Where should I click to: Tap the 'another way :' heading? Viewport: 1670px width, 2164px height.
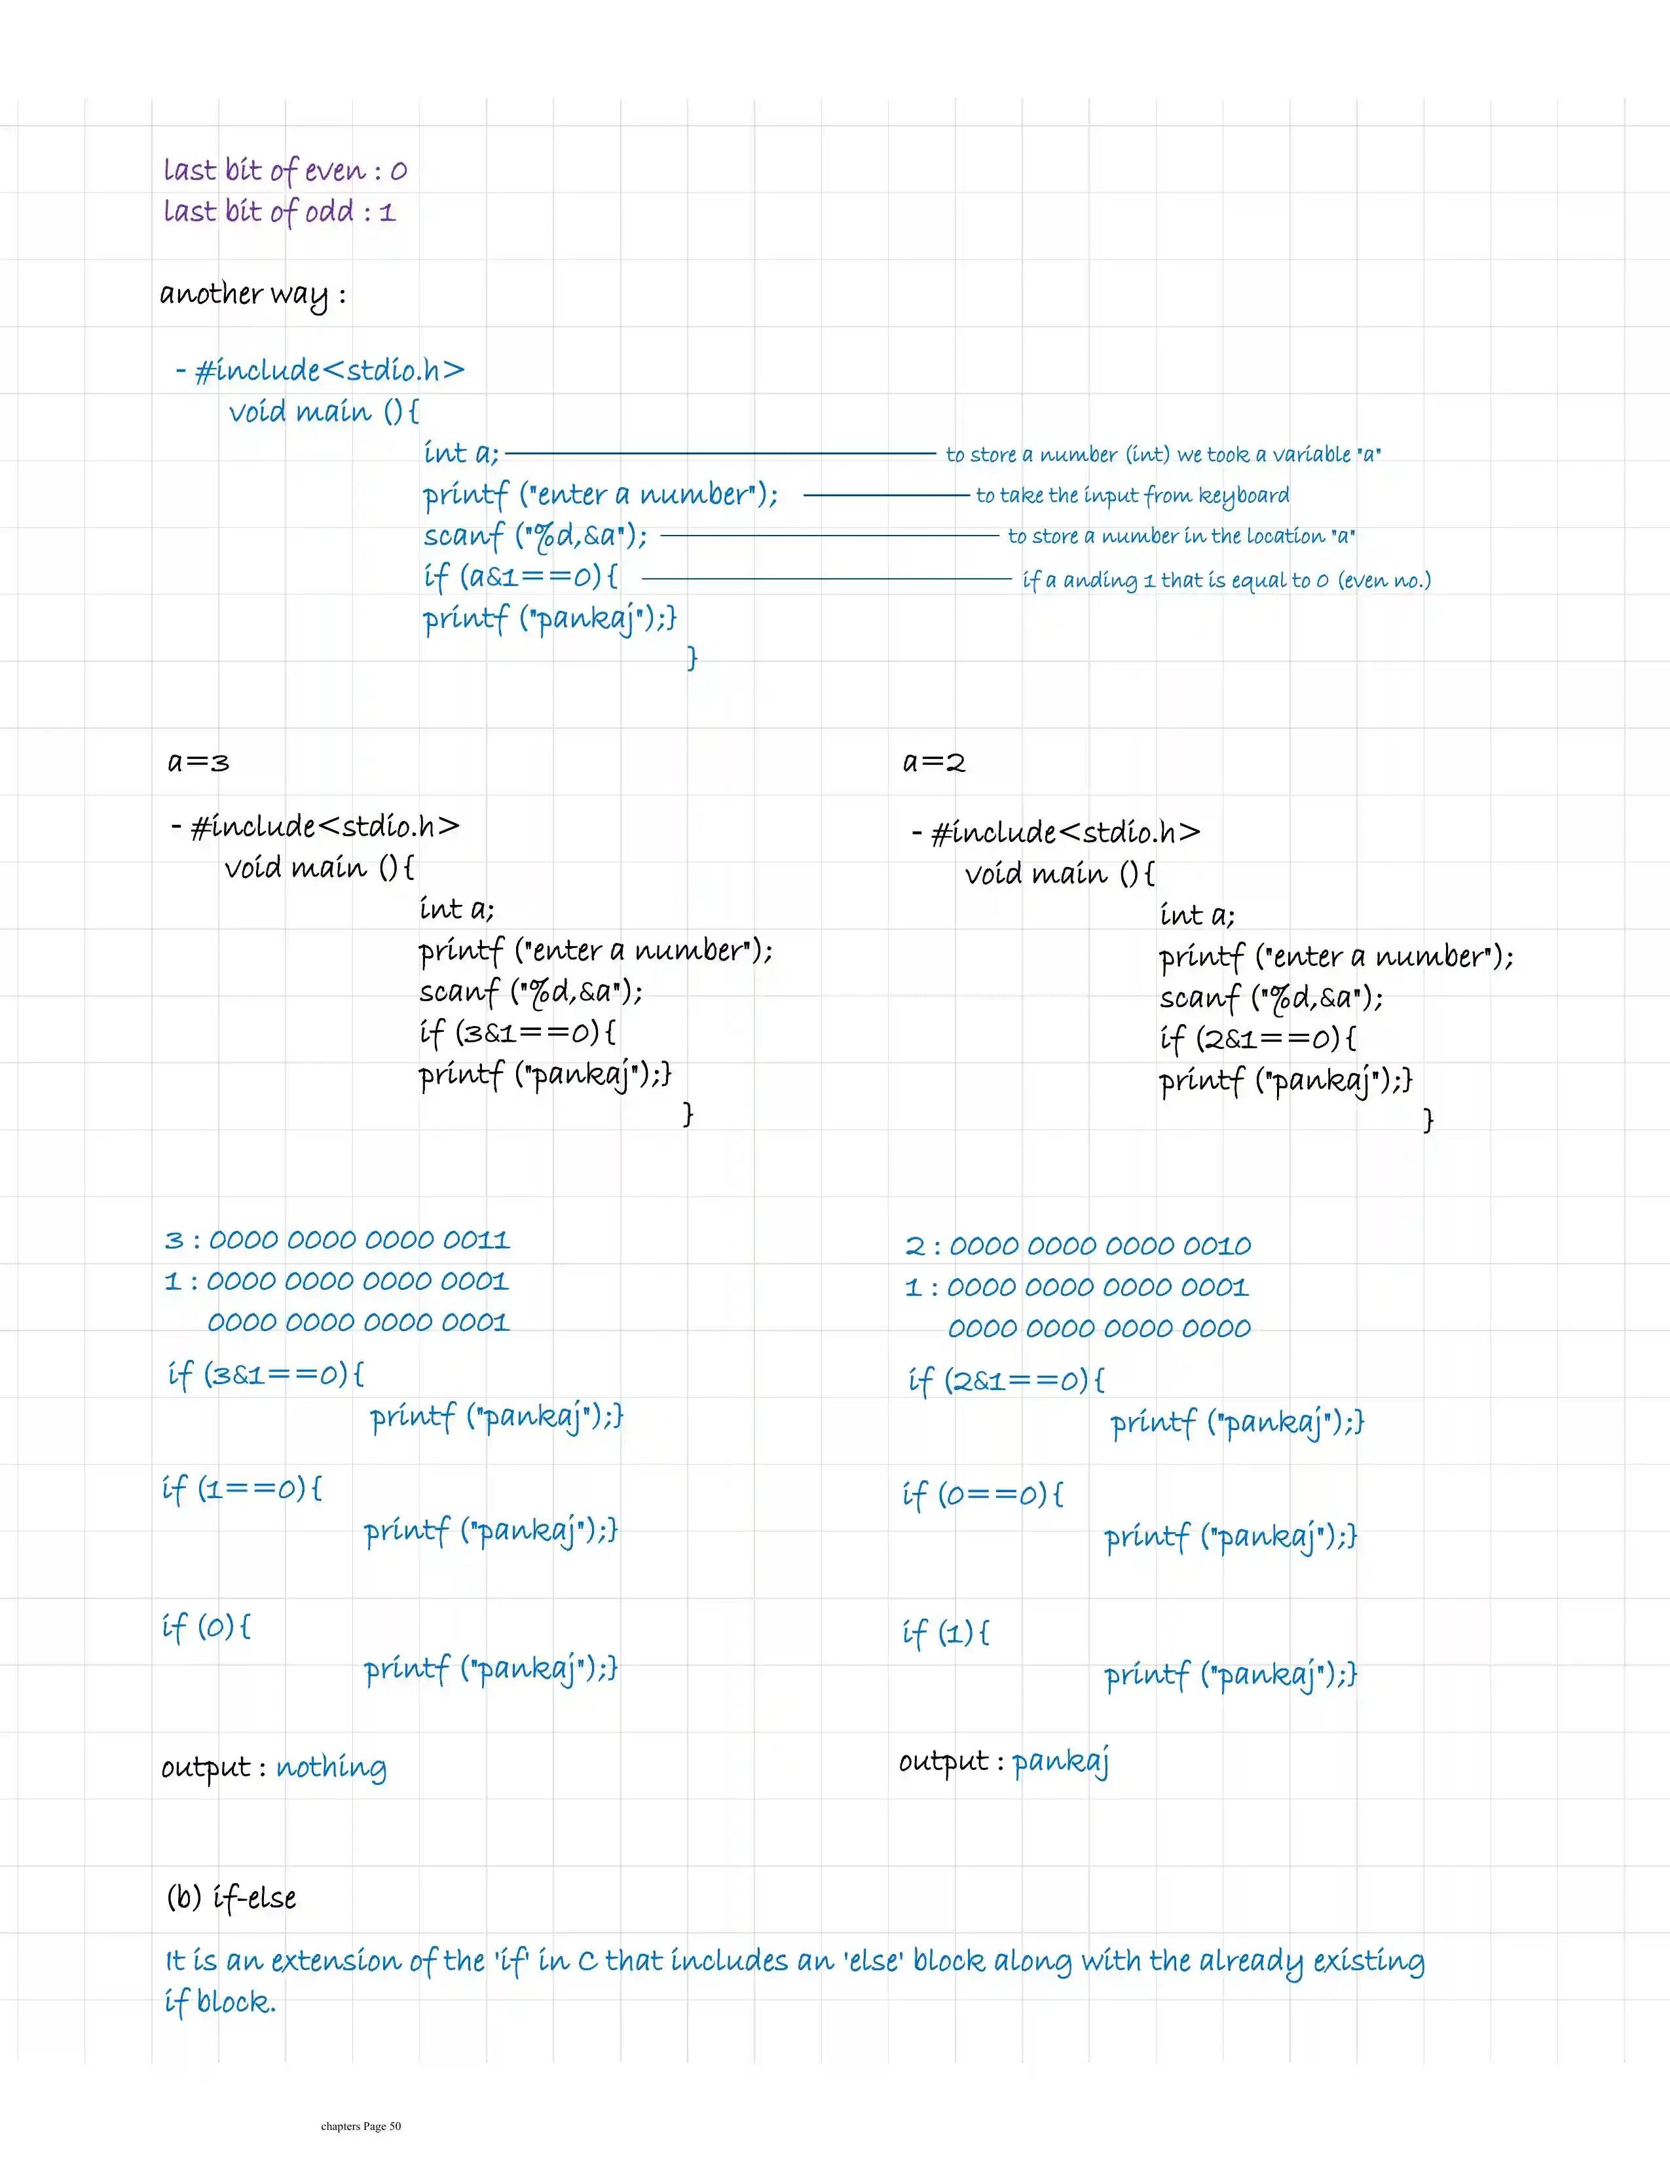(x=253, y=294)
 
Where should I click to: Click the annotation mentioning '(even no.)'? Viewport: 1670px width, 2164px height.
(x=1226, y=581)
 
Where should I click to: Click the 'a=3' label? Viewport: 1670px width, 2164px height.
(x=198, y=762)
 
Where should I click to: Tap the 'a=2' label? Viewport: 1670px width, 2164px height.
(x=934, y=762)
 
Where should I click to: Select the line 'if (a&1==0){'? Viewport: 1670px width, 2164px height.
(x=521, y=577)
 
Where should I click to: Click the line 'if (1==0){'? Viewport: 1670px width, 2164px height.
(x=242, y=1489)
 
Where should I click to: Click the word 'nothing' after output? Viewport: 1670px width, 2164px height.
(x=331, y=1768)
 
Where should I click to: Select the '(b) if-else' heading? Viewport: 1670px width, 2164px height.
(x=231, y=1898)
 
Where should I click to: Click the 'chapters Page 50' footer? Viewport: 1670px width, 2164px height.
(x=361, y=2126)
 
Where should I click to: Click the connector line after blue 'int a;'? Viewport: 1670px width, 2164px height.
(x=720, y=454)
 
